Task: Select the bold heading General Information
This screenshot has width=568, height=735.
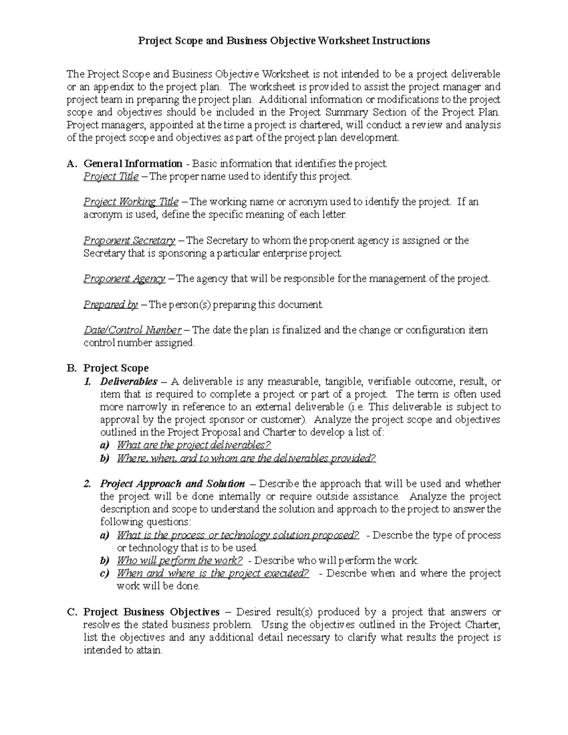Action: coord(133,164)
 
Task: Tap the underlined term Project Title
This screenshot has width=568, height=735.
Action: coord(111,177)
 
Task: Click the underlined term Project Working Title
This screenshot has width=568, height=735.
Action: coord(131,202)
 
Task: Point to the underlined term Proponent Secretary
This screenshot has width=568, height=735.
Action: coord(129,241)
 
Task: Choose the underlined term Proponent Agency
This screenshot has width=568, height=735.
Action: coord(124,279)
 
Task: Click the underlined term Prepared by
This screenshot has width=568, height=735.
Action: coord(111,305)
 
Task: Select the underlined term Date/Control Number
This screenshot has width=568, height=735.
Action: coord(132,330)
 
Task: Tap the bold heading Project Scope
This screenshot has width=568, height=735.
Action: coord(116,368)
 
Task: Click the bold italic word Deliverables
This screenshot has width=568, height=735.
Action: coord(129,381)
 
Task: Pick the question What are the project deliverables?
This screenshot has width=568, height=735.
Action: coord(194,445)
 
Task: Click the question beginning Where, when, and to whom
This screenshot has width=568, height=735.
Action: coord(246,459)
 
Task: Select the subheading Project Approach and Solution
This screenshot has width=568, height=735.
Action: coord(172,484)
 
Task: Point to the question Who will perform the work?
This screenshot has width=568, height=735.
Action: coord(179,561)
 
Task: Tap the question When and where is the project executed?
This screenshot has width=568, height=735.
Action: coord(213,574)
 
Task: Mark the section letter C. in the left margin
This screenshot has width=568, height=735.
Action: coord(71,612)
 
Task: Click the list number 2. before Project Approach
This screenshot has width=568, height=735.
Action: coord(87,484)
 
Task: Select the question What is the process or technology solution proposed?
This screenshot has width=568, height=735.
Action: coord(238,535)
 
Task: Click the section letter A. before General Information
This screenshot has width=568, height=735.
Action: coord(71,164)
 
